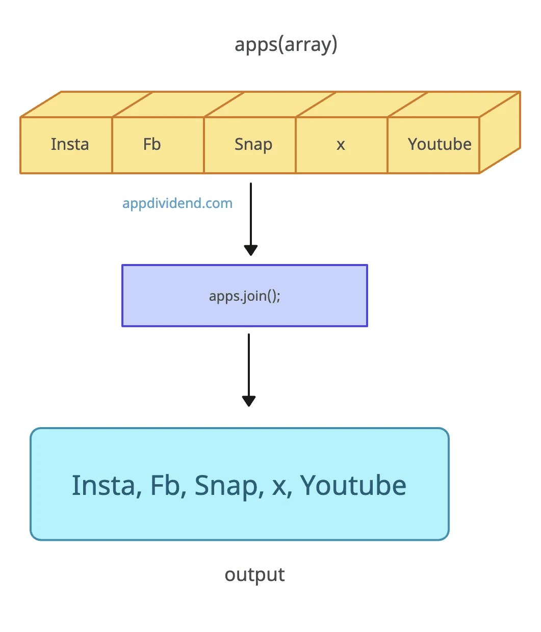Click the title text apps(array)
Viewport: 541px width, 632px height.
coord(286,45)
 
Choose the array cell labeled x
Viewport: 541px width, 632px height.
coord(341,145)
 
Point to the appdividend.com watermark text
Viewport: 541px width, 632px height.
coord(177,203)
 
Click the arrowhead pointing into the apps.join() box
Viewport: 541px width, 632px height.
coord(250,250)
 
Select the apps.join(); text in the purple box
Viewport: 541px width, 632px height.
coord(245,296)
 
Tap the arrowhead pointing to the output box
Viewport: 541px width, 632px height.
coord(248,401)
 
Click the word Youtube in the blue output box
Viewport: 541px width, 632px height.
coord(353,485)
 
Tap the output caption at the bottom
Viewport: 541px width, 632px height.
coord(254,575)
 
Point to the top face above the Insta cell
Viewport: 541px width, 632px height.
coord(87,104)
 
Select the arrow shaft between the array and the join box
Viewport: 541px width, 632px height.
coord(250,214)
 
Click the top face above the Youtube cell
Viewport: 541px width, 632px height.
coord(454,104)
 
